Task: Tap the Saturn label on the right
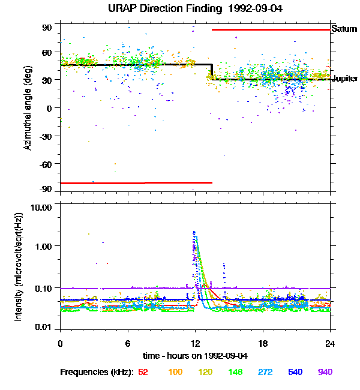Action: pyautogui.click(x=344, y=29)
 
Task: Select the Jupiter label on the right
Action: pyautogui.click(x=345, y=79)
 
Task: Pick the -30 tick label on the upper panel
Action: pyautogui.click(x=46, y=136)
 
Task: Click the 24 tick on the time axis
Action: pyautogui.click(x=331, y=343)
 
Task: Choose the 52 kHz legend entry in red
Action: pyautogui.click(x=143, y=372)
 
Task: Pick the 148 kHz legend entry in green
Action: pyautogui.click(x=235, y=372)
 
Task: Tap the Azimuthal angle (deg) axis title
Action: pyautogui.click(x=28, y=108)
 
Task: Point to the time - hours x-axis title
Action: pyautogui.click(x=196, y=356)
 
